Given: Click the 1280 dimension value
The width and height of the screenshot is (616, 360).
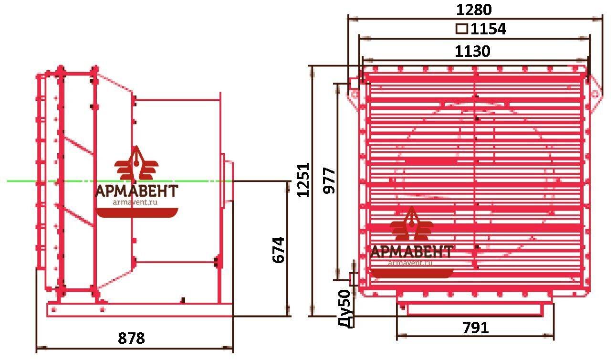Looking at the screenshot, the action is (473, 10).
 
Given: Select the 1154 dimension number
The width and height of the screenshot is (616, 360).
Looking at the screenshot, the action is (488, 29).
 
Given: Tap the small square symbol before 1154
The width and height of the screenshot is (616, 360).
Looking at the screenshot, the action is (462, 29).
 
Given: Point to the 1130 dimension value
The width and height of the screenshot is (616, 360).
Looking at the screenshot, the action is (472, 51).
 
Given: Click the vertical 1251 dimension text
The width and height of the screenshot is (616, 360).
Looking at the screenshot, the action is (303, 180).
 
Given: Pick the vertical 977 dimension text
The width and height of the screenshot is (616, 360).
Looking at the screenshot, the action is (329, 180).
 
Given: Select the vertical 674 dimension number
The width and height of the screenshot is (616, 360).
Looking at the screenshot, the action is (278, 250).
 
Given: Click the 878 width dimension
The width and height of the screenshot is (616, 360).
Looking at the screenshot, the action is (131, 338).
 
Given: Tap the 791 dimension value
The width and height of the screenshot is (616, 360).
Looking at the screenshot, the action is (475, 328).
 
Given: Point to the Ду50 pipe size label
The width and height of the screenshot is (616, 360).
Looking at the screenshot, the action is (345, 309).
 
